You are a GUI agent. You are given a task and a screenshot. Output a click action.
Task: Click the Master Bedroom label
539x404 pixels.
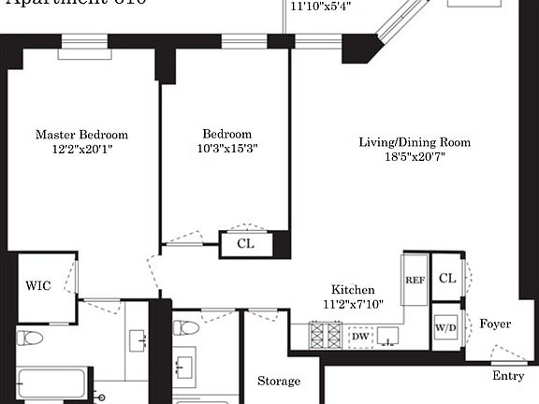pyautogui.click(x=81, y=135)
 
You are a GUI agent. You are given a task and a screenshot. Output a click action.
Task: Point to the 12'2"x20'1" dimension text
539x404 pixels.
pyautogui.click(x=81, y=150)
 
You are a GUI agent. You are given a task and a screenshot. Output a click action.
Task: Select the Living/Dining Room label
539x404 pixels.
pyautogui.click(x=415, y=143)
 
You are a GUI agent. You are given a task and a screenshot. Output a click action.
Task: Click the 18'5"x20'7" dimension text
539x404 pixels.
pyautogui.click(x=415, y=158)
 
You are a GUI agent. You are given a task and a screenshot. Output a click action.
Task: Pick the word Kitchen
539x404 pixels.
pyautogui.click(x=354, y=290)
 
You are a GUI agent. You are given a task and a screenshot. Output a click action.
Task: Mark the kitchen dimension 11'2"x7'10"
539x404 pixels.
pyautogui.click(x=354, y=304)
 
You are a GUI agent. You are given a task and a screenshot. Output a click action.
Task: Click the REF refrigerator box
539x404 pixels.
pyautogui.click(x=415, y=280)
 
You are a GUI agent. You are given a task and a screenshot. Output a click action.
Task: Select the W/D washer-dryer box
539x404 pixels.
pyautogui.click(x=446, y=328)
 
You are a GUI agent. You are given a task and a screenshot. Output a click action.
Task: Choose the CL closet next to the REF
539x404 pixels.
pyautogui.click(x=446, y=279)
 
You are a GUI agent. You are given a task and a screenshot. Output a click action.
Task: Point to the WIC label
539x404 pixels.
pyautogui.click(x=38, y=285)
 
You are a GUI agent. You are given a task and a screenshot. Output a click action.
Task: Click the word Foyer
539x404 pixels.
pyautogui.click(x=495, y=324)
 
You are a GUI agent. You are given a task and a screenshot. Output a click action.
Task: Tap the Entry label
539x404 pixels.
pyautogui.click(x=508, y=376)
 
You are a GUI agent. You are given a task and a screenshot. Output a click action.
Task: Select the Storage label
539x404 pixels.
pyautogui.click(x=279, y=382)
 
